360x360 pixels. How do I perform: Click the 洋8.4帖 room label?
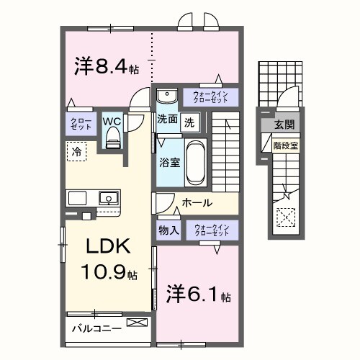pyautogui.click(x=106, y=67)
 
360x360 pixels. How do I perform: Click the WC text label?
pyautogui.click(x=112, y=122)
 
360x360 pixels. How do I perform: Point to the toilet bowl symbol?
pyautogui.click(x=112, y=140)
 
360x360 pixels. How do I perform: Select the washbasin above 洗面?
pyautogui.click(x=166, y=96)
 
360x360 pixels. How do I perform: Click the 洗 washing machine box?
pyautogui.click(x=189, y=122)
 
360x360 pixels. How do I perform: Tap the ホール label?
pyautogui.click(x=197, y=204)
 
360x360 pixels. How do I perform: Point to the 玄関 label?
pyautogui.click(x=283, y=125)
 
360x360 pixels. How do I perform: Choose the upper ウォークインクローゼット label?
pyautogui.click(x=211, y=96)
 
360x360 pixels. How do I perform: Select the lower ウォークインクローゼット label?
pyautogui.click(x=210, y=230)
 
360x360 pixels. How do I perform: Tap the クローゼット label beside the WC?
pyautogui.click(x=78, y=122)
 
